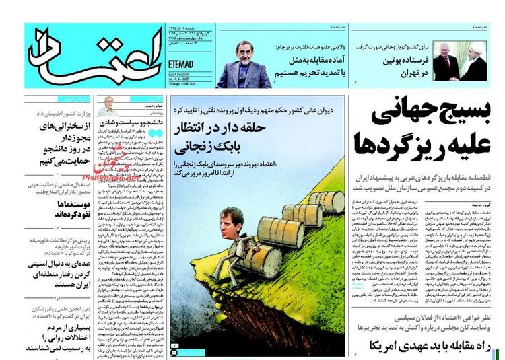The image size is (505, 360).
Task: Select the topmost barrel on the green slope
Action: tap(328, 201)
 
